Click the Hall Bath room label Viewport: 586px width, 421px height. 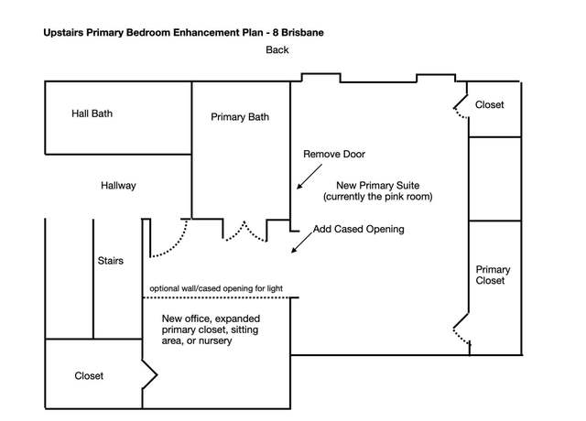tap(92, 113)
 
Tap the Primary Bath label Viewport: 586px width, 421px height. tap(240, 117)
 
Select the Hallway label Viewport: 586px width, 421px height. tap(118, 186)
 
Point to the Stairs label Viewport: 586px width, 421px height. tap(111, 260)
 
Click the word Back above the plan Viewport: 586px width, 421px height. tap(277, 49)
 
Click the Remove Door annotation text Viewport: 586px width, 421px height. tap(334, 154)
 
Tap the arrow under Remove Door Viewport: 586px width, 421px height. tap(309, 177)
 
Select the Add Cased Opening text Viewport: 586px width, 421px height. tap(359, 229)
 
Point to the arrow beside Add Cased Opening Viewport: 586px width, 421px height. tap(302, 242)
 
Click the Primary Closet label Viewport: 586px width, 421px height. tap(493, 275)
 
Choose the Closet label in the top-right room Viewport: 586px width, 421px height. tap(489, 104)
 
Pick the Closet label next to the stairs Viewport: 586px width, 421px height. tap(89, 376)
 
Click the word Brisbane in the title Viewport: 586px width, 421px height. tap(302, 33)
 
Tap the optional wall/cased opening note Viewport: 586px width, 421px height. tap(216, 288)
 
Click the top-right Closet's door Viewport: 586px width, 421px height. tap(460, 108)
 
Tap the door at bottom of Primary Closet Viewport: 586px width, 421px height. tap(461, 329)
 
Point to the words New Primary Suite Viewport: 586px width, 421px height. tap(378, 185)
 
